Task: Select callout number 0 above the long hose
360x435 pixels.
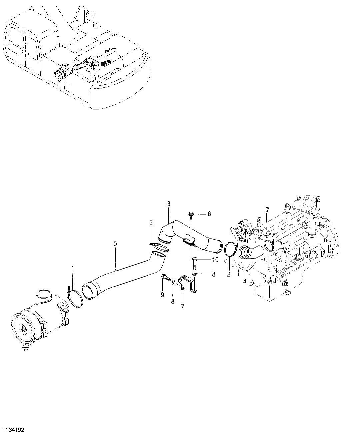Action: tap(115, 244)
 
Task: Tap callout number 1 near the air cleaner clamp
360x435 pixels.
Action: tap(73, 268)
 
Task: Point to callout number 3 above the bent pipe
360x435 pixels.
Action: tap(169, 203)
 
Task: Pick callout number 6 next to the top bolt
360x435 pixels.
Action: tap(209, 214)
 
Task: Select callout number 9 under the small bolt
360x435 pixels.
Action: tap(162, 295)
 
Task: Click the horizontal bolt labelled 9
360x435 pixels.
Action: tap(165, 277)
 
